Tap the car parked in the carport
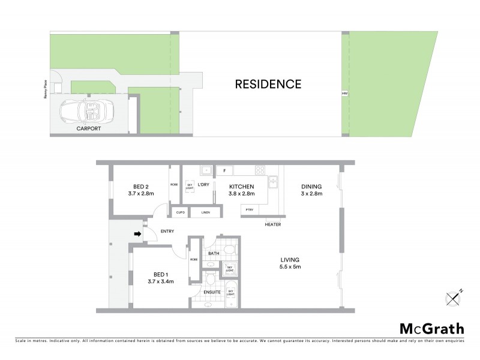(x=85, y=111)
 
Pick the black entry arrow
(x=137, y=233)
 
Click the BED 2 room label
(x=141, y=186)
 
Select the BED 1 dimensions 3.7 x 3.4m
(x=142, y=280)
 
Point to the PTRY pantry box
(x=249, y=209)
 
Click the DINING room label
(x=312, y=186)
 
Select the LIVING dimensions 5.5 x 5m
(x=289, y=266)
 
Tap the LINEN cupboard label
(x=205, y=212)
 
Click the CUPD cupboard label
(x=179, y=212)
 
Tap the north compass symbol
(x=453, y=297)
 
